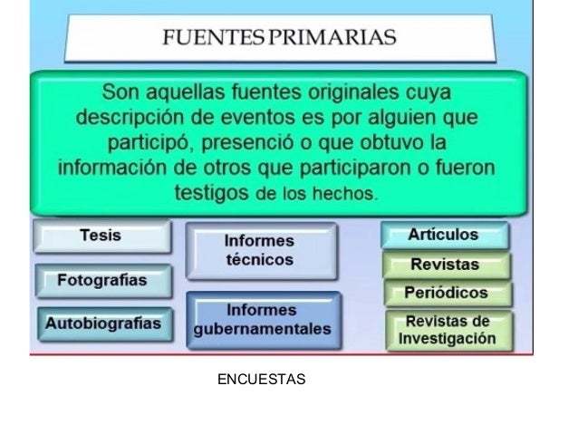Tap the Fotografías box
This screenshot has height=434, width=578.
pos(102,280)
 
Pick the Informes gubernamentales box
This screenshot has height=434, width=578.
pos(263,320)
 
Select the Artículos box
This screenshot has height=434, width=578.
pos(444,236)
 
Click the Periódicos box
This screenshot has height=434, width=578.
pos(446,294)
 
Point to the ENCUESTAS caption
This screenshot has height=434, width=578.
pos(262,378)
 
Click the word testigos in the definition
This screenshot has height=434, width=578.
pos(212,192)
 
